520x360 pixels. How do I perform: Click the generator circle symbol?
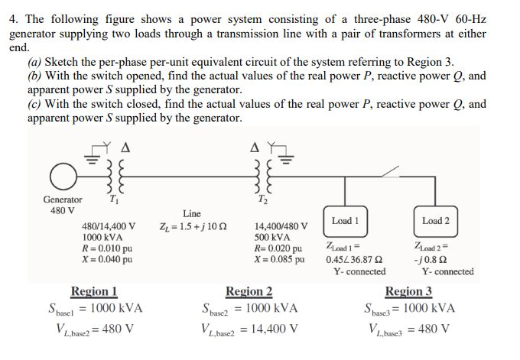pyautogui.click(x=62, y=176)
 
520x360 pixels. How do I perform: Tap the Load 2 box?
pyautogui.click(x=435, y=220)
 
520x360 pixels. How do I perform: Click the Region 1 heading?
pyautogui.click(x=94, y=290)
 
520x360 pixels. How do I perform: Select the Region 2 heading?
pyautogui.click(x=249, y=290)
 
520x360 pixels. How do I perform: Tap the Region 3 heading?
pyautogui.click(x=408, y=290)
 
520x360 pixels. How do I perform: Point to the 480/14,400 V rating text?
pyautogui.click(x=109, y=227)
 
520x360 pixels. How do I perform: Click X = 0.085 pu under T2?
pyautogui.click(x=279, y=259)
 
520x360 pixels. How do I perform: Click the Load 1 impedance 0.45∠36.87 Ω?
pyautogui.click(x=354, y=259)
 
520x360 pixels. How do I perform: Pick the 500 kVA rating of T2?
pyautogui.click(x=271, y=238)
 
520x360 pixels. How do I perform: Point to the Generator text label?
pyautogui.click(x=62, y=199)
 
